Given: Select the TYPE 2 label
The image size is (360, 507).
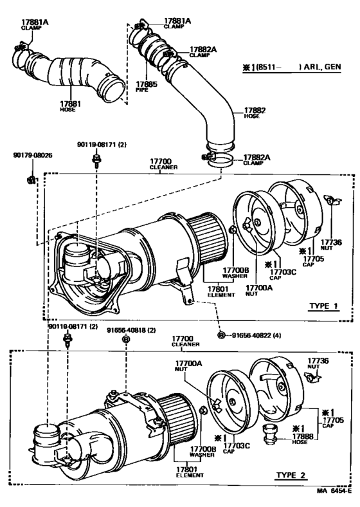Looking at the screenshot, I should coord(292,476).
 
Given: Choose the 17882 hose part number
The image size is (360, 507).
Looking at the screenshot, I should coord(253,111).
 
